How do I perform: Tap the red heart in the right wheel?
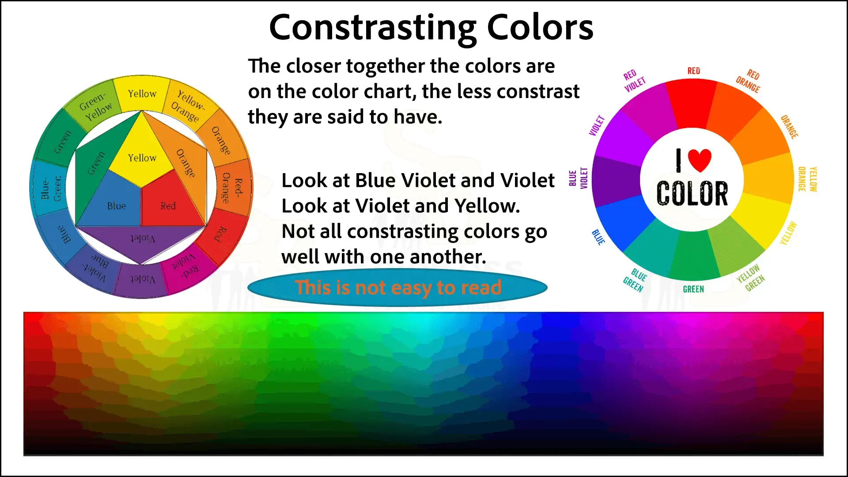click(700, 160)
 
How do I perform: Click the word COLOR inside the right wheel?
click(692, 193)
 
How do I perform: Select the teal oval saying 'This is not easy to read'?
click(397, 288)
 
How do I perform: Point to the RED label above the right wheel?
click(693, 71)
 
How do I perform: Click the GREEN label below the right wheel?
click(693, 289)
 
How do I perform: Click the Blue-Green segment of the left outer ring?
click(49, 188)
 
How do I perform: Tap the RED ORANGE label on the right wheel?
click(748, 81)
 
